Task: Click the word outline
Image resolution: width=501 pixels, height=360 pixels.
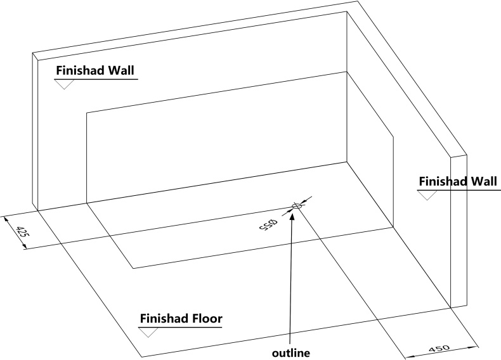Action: click(291, 350)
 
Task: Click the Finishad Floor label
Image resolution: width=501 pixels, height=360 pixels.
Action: click(181, 318)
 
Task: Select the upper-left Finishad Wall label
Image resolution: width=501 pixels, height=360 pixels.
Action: click(95, 70)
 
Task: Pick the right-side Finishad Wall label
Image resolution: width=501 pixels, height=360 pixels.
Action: click(452, 182)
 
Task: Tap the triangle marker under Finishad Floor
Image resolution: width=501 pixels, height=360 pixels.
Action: click(147, 330)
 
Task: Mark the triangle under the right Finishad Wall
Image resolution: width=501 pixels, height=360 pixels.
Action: click(427, 195)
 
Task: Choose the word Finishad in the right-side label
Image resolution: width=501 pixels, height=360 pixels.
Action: click(440, 182)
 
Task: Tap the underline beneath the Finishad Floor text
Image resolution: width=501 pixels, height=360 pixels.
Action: click(181, 326)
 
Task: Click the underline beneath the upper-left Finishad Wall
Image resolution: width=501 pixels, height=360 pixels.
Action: click(95, 79)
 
